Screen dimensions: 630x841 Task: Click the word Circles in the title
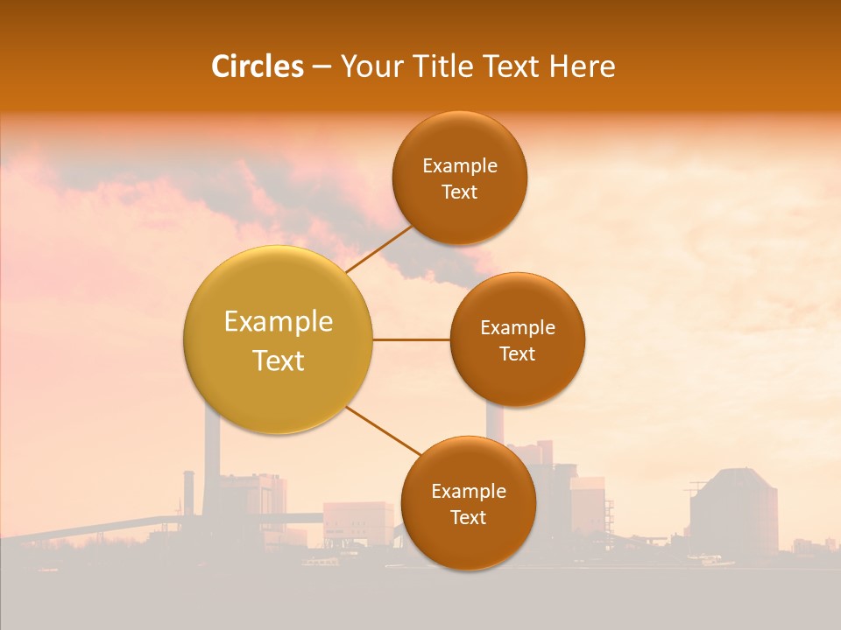258,66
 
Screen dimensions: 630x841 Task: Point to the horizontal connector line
411,339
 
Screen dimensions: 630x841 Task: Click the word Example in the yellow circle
278,322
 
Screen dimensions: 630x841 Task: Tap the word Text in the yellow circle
278,360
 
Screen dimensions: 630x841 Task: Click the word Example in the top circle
459,166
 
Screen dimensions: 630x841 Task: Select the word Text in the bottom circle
468,517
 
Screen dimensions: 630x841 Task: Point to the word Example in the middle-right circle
517,328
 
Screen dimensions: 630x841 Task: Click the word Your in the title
369,66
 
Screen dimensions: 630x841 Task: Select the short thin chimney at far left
187,494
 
